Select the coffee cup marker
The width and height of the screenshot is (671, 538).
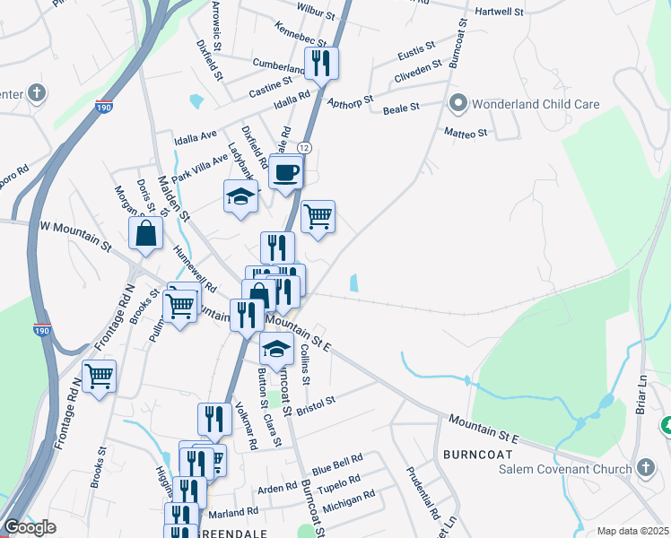click(x=286, y=172)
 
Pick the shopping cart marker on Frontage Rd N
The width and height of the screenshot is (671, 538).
click(x=99, y=376)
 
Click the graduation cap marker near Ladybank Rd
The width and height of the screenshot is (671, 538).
click(x=240, y=196)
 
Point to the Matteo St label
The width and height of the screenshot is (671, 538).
click(x=466, y=133)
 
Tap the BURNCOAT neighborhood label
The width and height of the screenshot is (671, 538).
click(x=477, y=455)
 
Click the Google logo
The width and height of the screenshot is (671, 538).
click(x=30, y=527)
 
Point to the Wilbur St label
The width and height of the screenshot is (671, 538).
click(x=317, y=15)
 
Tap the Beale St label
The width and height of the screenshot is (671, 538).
click(x=401, y=108)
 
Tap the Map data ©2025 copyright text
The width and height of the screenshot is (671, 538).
click(x=632, y=531)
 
